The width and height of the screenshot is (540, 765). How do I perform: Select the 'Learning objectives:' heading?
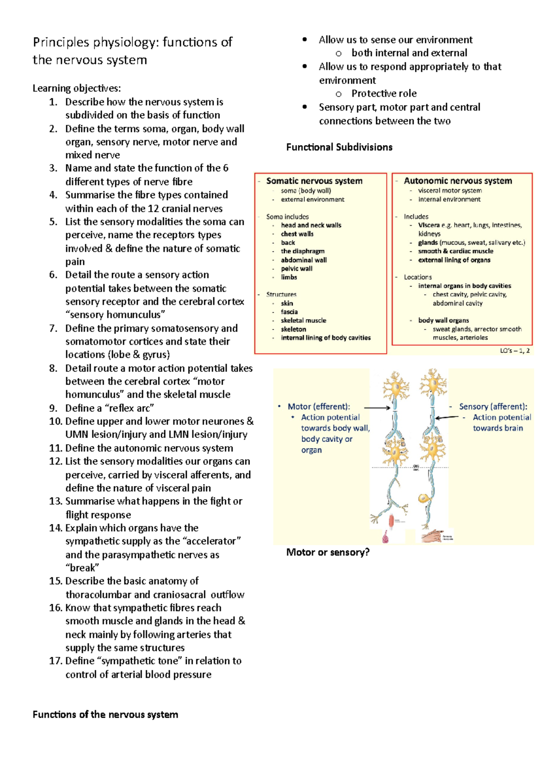click(x=76, y=88)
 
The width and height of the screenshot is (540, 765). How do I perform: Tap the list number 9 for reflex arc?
click(x=54, y=408)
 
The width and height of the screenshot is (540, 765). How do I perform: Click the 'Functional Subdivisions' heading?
click(x=339, y=147)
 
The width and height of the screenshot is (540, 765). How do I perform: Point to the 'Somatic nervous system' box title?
click(x=314, y=181)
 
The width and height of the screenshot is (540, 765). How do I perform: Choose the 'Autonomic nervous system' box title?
click(x=458, y=181)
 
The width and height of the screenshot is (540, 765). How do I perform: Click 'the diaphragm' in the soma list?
click(x=302, y=251)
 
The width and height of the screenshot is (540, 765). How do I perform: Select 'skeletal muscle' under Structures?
click(x=303, y=320)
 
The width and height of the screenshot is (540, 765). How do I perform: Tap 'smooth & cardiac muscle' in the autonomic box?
click(x=455, y=251)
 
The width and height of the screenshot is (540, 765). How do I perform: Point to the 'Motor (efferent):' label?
click(x=319, y=406)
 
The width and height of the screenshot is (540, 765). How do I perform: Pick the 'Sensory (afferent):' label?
click(x=493, y=406)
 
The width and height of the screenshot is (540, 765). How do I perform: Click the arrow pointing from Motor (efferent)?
click(x=377, y=408)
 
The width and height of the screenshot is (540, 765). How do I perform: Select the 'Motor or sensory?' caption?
click(x=328, y=552)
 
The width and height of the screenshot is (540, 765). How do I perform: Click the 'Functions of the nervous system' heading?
click(x=105, y=715)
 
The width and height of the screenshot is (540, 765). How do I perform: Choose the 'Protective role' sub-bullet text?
click(x=384, y=94)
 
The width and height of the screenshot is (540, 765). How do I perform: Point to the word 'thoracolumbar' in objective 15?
click(x=98, y=595)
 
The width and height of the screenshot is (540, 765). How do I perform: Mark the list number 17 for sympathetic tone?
click(x=55, y=661)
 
